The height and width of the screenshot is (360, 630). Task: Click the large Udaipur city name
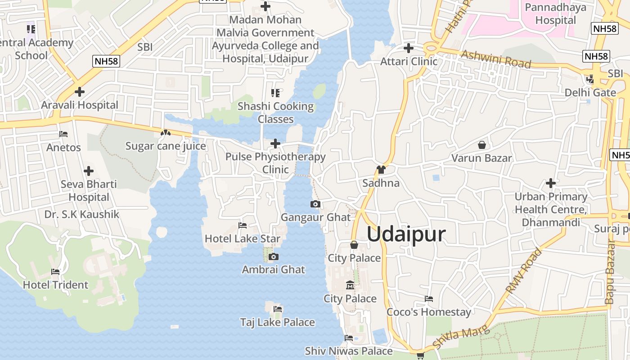point(406,234)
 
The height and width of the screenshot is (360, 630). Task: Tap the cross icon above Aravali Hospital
point(80,92)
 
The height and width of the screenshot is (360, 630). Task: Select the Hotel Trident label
point(55,285)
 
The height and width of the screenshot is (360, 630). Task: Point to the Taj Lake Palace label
point(277,322)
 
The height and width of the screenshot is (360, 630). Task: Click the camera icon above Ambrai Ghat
point(273,257)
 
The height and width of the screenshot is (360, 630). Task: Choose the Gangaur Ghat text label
point(315,217)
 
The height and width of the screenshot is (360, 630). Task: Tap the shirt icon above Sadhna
point(381,170)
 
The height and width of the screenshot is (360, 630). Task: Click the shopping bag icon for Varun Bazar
point(481,145)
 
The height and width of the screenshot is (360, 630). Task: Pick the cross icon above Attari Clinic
point(409,48)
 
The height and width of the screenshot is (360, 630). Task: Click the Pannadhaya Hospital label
point(555,14)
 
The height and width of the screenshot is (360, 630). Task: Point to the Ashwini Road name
point(496,59)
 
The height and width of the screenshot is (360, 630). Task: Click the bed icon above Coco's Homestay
point(429,299)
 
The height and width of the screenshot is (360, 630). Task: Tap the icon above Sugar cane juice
point(166,133)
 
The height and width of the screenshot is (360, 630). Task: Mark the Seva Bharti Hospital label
point(89,190)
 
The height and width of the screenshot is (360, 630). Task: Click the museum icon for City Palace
point(350,285)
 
